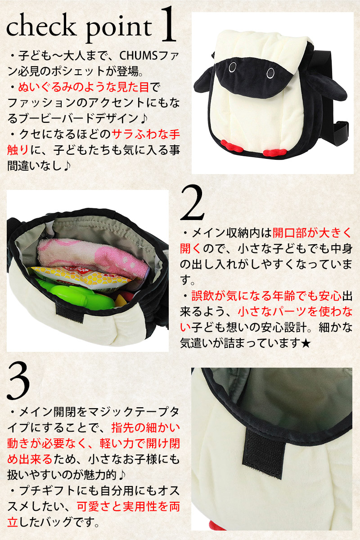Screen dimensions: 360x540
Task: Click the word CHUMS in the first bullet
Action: [x=139, y=56]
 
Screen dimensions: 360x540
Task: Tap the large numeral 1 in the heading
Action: [x=167, y=24]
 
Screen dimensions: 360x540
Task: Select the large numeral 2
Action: [x=192, y=203]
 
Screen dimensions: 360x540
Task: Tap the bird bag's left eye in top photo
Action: [x=233, y=67]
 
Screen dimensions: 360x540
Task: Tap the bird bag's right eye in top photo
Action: [x=271, y=73]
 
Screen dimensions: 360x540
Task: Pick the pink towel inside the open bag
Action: [x=93, y=256]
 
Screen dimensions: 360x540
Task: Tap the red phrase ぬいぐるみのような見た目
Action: [x=83, y=87]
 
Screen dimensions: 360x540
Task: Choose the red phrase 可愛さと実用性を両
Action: [x=128, y=507]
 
